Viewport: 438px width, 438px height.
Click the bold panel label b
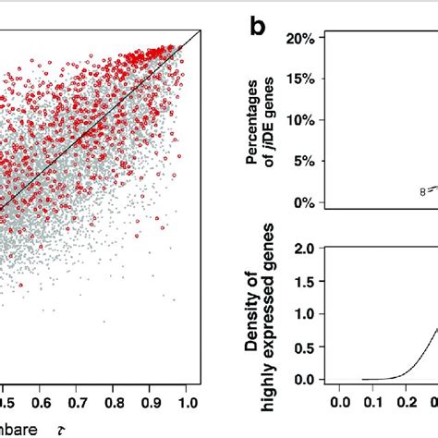pyautogui.click(x=262, y=28)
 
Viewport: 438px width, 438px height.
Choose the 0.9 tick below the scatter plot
pyautogui.click(x=150, y=403)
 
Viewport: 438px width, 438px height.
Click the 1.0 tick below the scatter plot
pyautogui.click(x=187, y=403)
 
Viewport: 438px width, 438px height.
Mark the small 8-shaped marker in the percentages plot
pyautogui.click(x=421, y=192)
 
